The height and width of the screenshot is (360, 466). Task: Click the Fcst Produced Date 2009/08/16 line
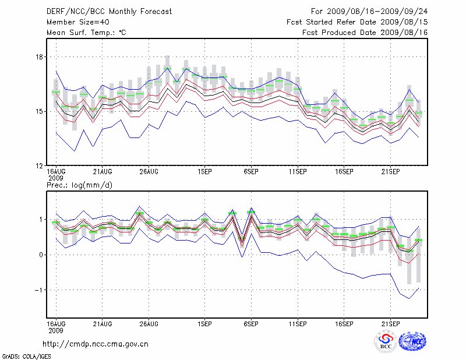click(x=365, y=33)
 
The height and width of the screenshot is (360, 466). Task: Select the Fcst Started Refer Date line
click(x=357, y=22)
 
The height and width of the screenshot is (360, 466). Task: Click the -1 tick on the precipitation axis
click(x=38, y=290)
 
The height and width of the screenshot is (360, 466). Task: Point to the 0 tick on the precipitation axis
click(x=41, y=255)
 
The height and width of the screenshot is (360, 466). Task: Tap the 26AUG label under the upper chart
click(x=149, y=172)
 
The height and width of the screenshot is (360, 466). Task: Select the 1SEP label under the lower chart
click(x=204, y=323)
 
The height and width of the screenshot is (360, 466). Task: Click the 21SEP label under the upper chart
click(x=390, y=172)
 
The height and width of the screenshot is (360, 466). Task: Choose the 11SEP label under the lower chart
click(x=298, y=323)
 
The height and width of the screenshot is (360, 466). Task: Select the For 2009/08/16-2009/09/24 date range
click(x=369, y=12)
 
